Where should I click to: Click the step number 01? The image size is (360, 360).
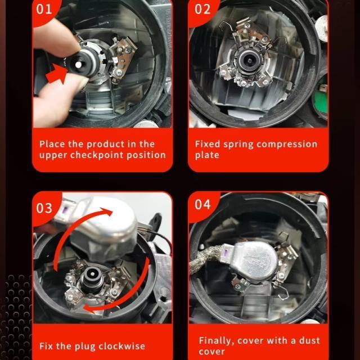point(44,10)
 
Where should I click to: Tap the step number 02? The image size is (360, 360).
point(202,10)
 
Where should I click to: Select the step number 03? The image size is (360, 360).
point(44,208)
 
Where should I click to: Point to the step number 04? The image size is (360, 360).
point(202,204)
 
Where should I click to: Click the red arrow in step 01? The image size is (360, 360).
point(56,73)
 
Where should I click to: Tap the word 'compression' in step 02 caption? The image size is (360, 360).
point(287,145)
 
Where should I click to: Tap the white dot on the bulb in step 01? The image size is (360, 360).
point(78,65)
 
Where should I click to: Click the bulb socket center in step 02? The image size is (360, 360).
point(249,61)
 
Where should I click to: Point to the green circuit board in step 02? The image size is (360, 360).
point(321,96)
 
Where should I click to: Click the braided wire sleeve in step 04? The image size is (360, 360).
point(206,258)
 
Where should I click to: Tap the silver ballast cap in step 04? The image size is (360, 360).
point(254,261)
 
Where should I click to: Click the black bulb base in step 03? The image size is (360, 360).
point(92,278)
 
